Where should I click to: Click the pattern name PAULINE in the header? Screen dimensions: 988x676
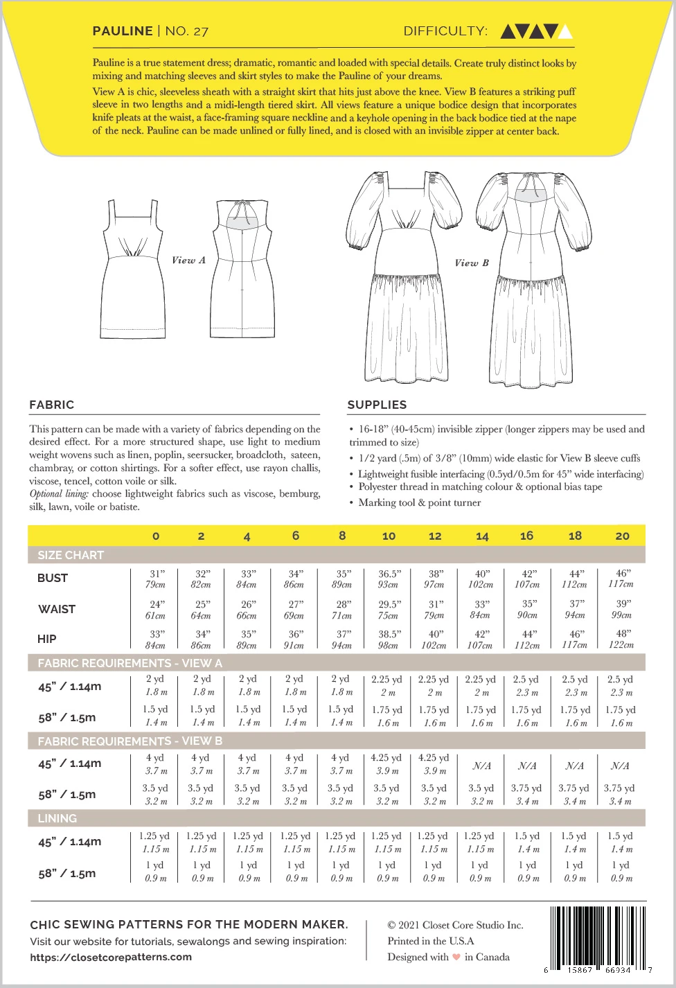[123, 31]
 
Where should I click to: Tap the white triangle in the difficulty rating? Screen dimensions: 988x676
[565, 31]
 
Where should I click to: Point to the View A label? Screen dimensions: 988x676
[188, 261]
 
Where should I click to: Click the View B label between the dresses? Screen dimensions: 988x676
[472, 263]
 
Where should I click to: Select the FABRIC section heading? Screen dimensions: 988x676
[51, 405]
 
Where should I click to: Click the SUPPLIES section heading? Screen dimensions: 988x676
[377, 405]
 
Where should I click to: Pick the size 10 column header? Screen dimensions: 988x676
[389, 536]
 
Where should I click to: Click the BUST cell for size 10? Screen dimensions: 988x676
[389, 579]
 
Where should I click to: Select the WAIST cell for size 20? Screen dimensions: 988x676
[622, 609]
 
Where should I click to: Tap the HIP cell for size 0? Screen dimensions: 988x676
[156, 639]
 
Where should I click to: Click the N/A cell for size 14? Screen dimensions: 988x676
[481, 766]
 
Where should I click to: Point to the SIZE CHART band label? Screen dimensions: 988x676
[71, 555]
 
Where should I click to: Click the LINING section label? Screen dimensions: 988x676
[57, 818]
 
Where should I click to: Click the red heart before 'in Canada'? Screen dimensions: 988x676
[456, 958]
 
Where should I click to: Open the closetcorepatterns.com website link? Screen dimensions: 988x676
[111, 957]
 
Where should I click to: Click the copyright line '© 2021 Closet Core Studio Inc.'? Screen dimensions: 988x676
[455, 925]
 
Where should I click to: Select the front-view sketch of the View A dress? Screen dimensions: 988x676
[133, 267]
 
